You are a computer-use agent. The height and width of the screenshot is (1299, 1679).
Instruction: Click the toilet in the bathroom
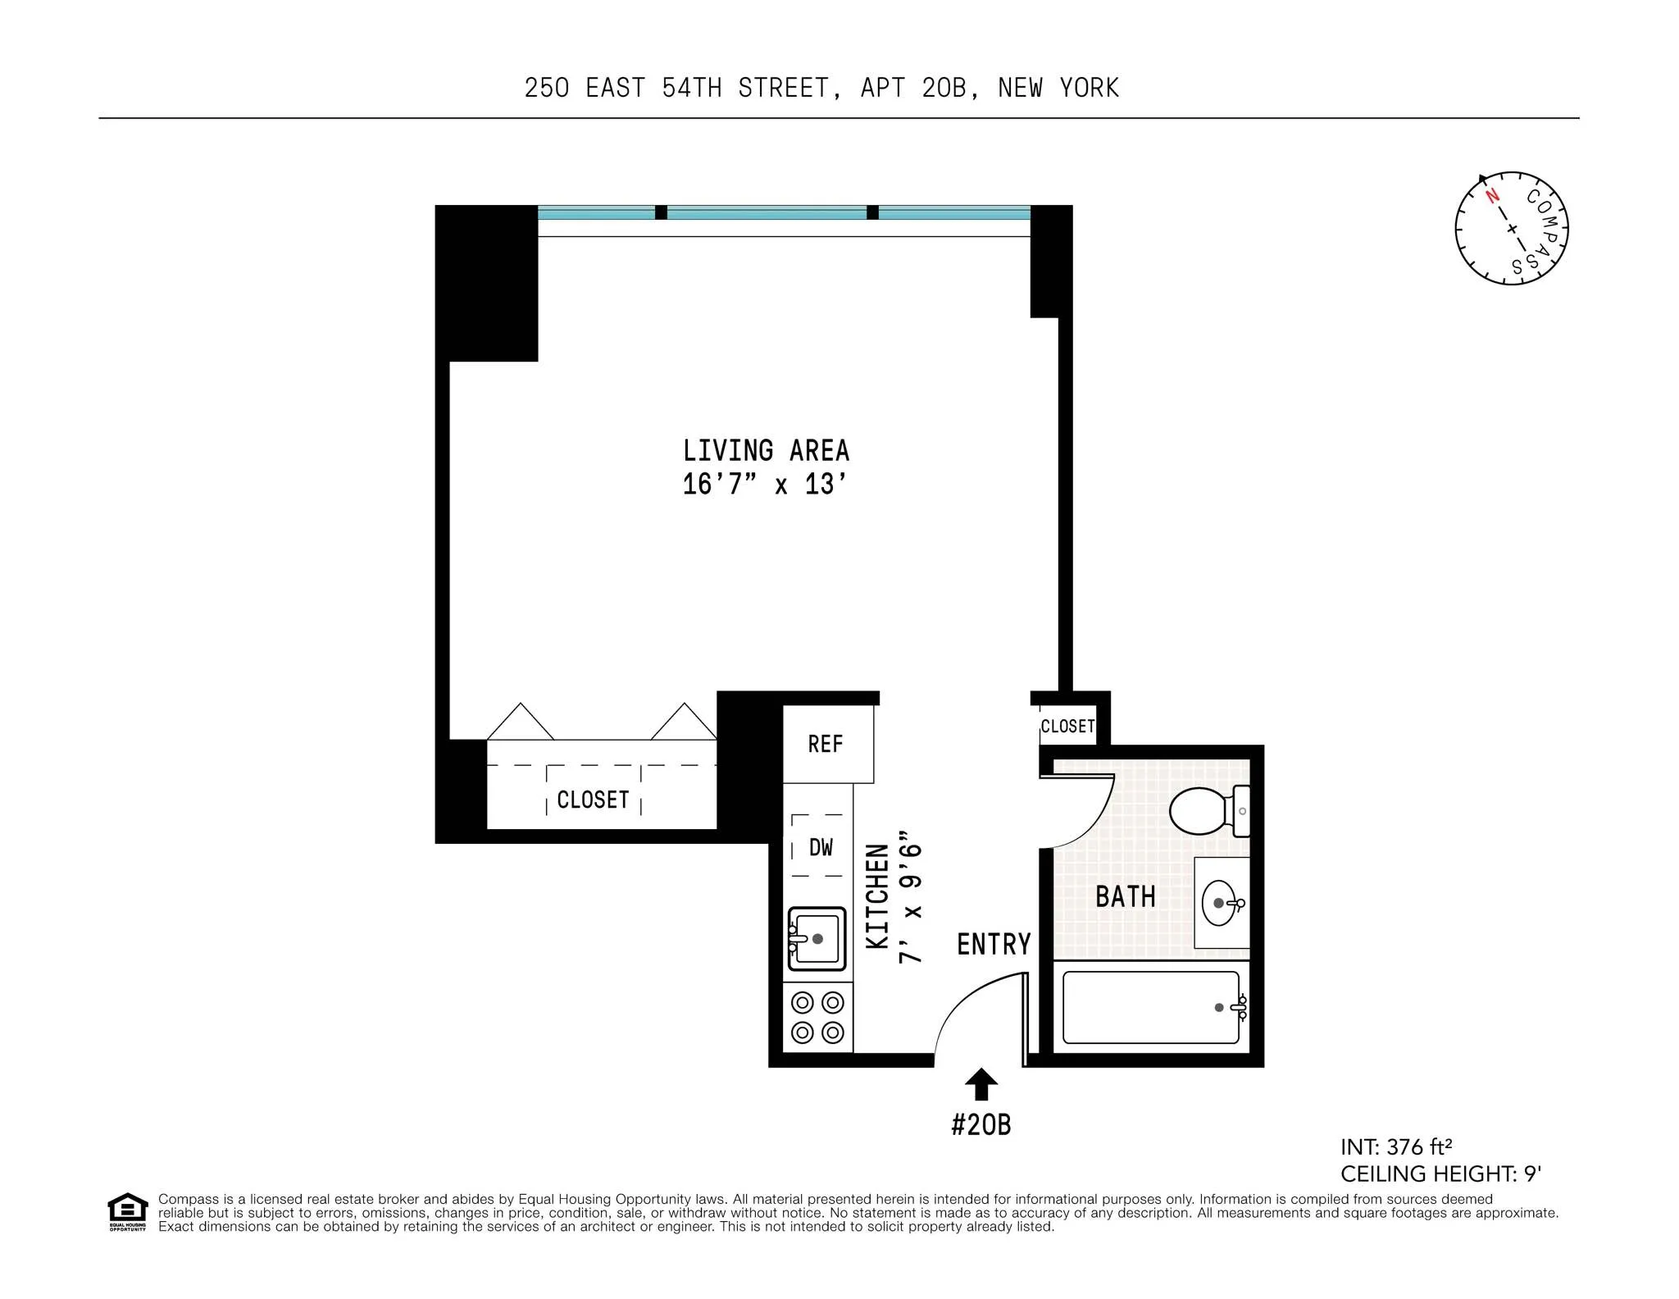pos(1205,811)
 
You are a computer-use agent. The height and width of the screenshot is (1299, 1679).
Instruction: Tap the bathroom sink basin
pos(1222,903)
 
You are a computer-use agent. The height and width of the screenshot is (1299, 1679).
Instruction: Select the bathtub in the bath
pos(1150,1007)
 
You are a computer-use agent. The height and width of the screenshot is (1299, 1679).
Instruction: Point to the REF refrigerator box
pos(826,744)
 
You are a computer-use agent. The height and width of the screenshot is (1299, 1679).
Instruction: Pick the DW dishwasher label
pos(821,847)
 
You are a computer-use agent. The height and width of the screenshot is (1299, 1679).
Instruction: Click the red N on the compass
pos(1493,195)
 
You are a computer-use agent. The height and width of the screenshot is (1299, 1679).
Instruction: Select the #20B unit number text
pos(981,1124)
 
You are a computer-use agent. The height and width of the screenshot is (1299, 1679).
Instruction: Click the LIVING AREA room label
pos(766,450)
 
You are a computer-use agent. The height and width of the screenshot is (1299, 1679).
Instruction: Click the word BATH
pos(1126,896)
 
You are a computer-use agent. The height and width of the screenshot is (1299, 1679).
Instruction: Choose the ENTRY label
pos(994,944)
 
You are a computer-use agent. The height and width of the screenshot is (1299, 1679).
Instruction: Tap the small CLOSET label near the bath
pos(1067,727)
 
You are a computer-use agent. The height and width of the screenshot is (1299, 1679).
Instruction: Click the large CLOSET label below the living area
pos(593,800)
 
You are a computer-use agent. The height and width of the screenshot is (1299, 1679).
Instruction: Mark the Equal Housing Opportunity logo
pos(128,1211)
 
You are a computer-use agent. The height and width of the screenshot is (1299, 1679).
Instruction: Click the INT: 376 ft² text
pos(1396,1146)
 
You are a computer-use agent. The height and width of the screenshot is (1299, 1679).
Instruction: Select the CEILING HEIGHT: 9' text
pos(1440,1174)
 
